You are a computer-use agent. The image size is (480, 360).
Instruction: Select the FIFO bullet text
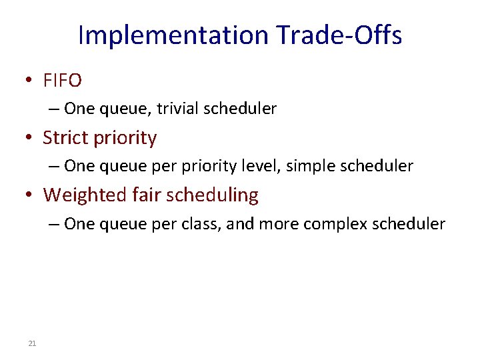(x=62, y=81)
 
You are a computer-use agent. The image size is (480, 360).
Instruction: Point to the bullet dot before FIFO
(x=29, y=81)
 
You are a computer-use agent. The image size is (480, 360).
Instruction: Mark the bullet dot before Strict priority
(x=29, y=138)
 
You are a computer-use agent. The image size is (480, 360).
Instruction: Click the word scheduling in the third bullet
(x=212, y=195)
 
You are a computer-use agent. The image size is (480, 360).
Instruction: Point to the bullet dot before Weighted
(x=29, y=195)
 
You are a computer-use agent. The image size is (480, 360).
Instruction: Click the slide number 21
(x=32, y=343)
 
